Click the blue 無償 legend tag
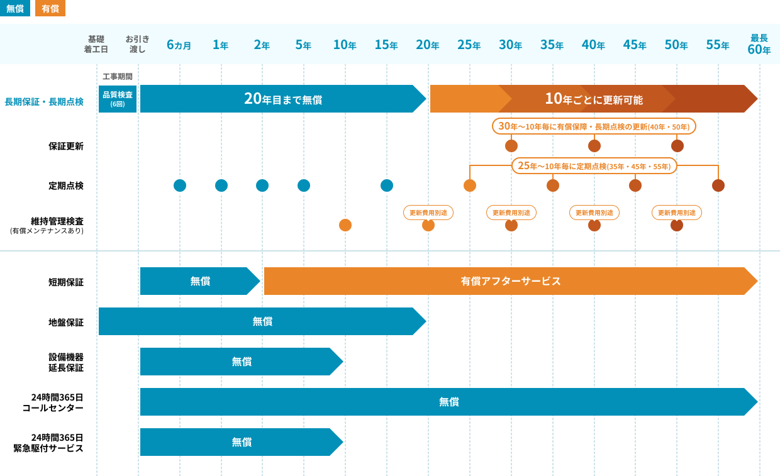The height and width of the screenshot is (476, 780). (15, 8)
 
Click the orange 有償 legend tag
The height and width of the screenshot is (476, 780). (50, 8)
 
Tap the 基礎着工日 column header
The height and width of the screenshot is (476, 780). (96, 44)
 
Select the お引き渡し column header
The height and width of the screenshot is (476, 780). (138, 44)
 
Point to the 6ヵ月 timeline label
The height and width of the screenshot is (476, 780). (179, 45)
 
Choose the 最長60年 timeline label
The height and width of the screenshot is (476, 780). (759, 44)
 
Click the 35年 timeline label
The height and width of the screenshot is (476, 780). (552, 45)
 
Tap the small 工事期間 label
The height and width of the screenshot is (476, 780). (118, 76)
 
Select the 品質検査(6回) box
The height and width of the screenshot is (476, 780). (118, 99)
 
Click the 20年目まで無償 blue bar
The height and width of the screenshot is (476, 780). (283, 99)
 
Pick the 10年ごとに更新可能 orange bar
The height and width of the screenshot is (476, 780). (593, 99)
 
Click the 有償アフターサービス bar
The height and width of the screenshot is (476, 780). (510, 281)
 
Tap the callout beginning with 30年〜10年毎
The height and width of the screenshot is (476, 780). (594, 126)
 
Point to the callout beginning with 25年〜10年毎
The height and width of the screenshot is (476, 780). (594, 166)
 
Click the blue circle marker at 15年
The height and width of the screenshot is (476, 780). (387, 185)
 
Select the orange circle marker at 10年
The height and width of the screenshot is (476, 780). (345, 225)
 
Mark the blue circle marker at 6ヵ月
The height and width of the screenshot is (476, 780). (180, 185)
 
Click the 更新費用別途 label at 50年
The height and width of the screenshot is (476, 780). (677, 213)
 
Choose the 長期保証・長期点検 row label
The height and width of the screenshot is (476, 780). (44, 102)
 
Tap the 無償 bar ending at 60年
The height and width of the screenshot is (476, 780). (448, 402)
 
